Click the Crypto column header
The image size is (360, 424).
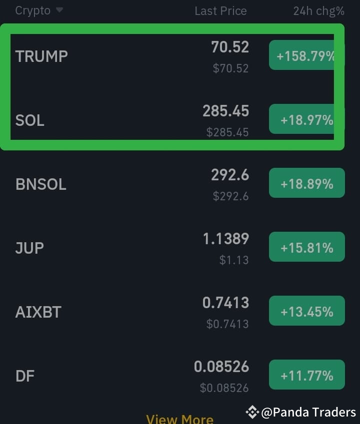click(33, 10)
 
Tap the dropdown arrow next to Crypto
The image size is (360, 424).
click(59, 10)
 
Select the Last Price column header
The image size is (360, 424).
click(220, 11)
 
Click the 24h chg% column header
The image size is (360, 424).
click(318, 11)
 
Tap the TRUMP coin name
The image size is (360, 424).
click(41, 56)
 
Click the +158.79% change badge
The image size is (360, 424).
click(305, 56)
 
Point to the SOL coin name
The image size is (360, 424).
click(30, 120)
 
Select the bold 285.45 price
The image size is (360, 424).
click(225, 111)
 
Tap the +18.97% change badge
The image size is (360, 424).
click(306, 120)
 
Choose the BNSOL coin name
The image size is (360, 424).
click(41, 184)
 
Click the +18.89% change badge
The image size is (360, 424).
click(306, 184)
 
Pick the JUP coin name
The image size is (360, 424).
click(29, 248)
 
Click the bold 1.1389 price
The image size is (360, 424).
click(225, 239)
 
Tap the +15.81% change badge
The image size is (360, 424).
click(306, 248)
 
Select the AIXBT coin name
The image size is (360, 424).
click(38, 312)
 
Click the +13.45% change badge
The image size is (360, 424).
click(306, 312)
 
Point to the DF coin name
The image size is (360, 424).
click(25, 376)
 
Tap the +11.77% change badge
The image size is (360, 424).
click(306, 375)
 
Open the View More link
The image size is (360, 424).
click(179, 419)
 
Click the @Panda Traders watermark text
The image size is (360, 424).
click(308, 412)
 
